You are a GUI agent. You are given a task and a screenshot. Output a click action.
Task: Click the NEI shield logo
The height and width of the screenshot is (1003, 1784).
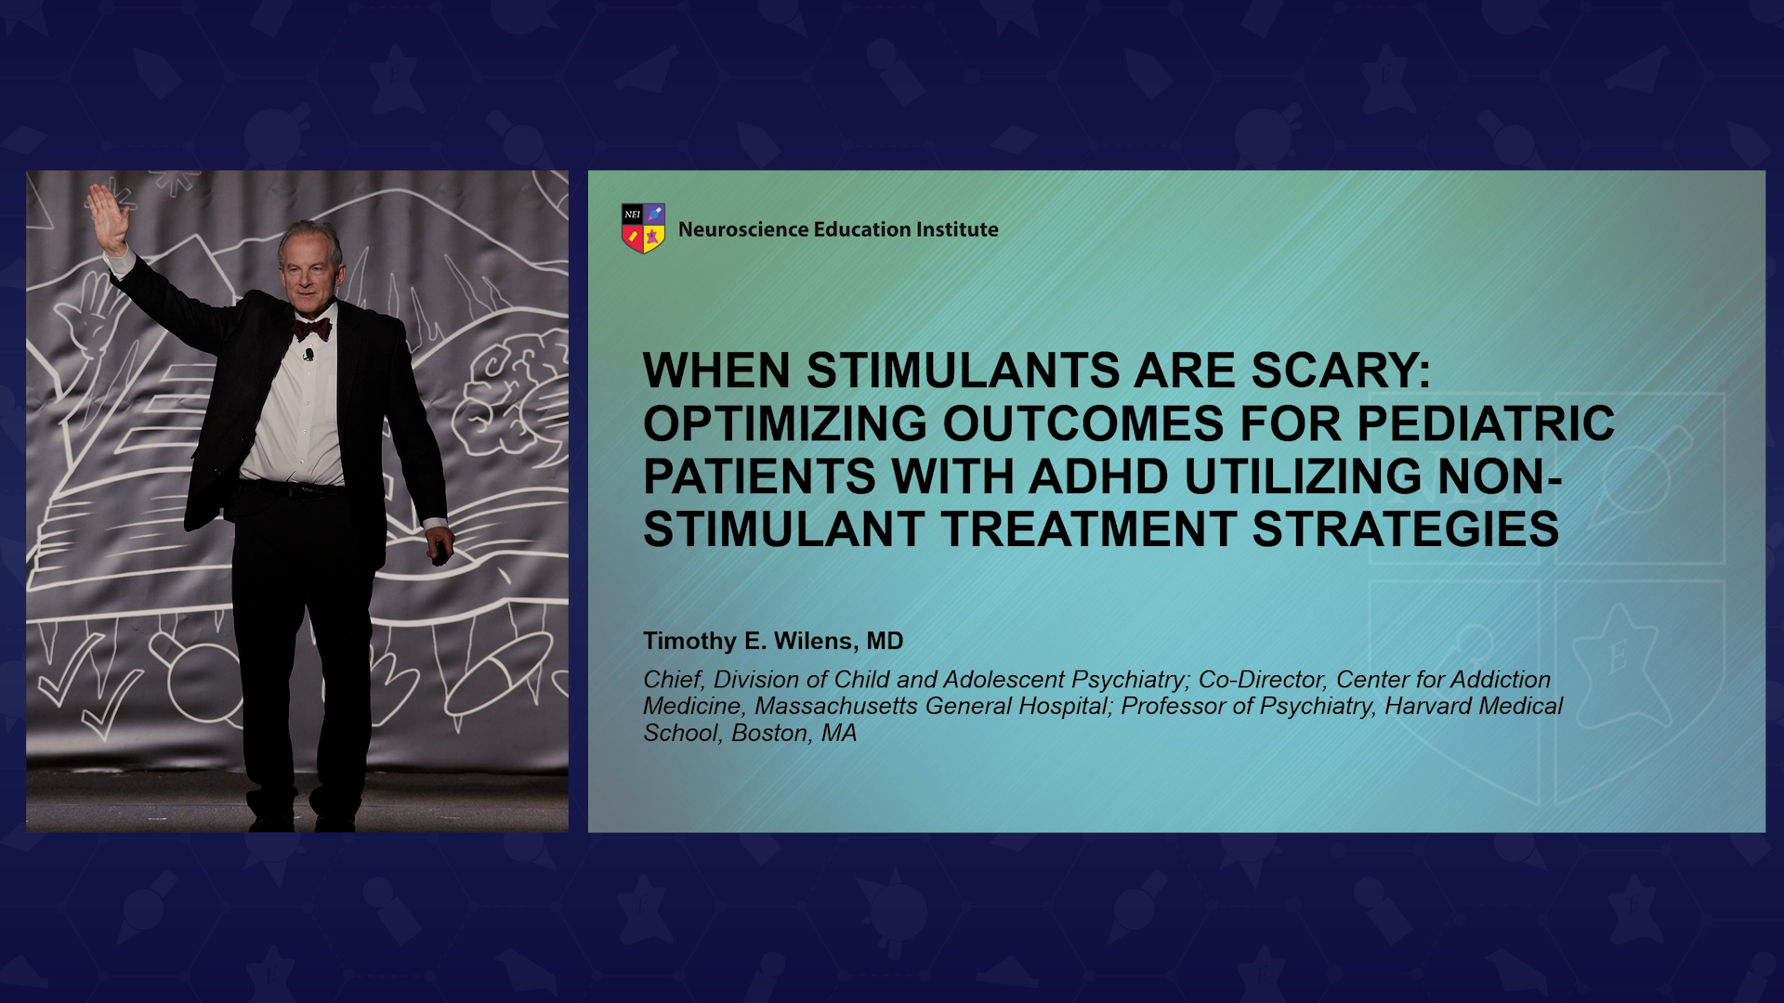click(x=643, y=228)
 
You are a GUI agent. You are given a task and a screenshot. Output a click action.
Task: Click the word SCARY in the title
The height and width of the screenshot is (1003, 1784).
click(x=1342, y=371)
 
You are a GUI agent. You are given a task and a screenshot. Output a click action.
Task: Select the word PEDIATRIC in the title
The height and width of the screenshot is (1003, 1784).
click(x=1486, y=423)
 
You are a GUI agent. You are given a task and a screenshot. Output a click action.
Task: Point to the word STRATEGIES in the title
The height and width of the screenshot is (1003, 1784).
click(x=1406, y=529)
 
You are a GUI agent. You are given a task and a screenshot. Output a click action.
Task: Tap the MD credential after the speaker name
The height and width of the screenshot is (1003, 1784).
click(x=885, y=641)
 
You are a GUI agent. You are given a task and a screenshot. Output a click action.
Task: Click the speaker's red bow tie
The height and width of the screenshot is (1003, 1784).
click(x=312, y=329)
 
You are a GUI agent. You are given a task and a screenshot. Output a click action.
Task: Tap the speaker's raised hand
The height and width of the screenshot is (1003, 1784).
click(x=108, y=217)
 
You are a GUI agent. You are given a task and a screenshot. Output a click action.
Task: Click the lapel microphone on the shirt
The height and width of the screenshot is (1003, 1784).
click(x=308, y=354)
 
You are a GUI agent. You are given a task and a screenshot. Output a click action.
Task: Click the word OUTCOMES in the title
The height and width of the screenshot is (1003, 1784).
click(x=1083, y=423)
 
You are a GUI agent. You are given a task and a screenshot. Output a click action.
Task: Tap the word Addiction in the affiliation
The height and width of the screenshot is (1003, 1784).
click(x=1501, y=680)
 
